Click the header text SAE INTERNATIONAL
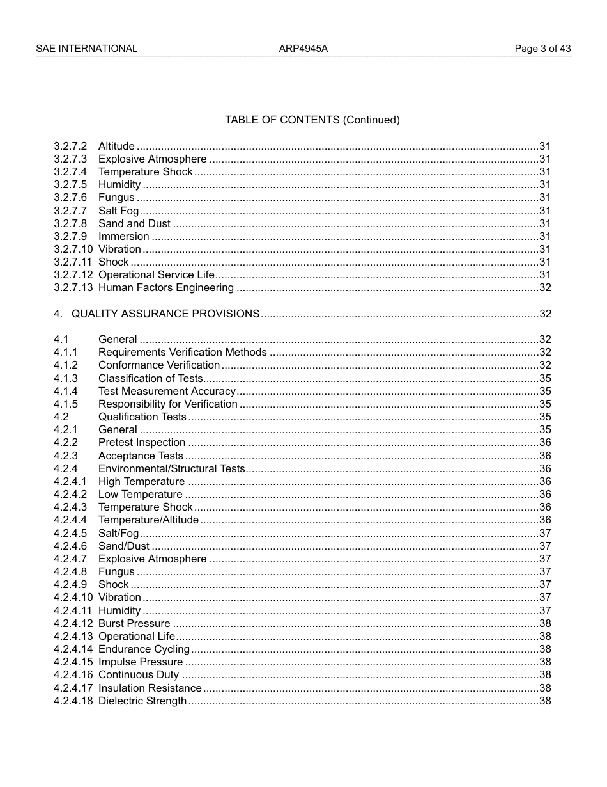click(86, 49)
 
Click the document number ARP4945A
click(303, 49)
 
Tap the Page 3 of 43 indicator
click(542, 49)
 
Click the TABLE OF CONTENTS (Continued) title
click(312, 120)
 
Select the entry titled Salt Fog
click(118, 211)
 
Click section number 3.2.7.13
click(73, 287)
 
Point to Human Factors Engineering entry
click(165, 287)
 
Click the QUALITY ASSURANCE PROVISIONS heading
click(165, 314)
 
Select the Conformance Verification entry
click(158, 365)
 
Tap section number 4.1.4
click(66, 391)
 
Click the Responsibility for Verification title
click(167, 404)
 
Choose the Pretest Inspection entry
click(141, 442)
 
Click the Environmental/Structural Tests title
click(171, 468)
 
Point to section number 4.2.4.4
click(70, 520)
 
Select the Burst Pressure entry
click(134, 623)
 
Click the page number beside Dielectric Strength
click(545, 701)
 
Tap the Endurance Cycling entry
click(144, 649)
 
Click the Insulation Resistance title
click(150, 688)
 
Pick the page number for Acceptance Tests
click(545, 456)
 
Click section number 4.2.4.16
click(73, 674)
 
